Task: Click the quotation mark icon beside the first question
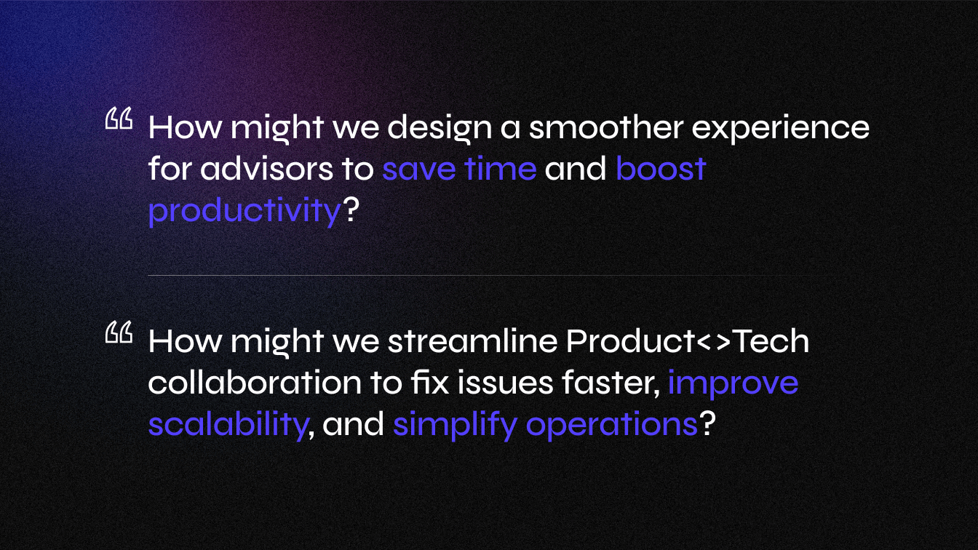(x=119, y=118)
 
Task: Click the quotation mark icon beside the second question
(x=119, y=332)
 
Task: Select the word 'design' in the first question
(x=440, y=129)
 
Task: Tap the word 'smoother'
(x=606, y=127)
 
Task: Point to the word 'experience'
(x=781, y=129)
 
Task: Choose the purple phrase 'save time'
(x=459, y=169)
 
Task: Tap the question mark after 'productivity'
(x=351, y=210)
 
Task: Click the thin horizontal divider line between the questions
(x=480, y=276)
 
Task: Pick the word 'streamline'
(x=473, y=340)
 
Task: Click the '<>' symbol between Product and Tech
(x=713, y=342)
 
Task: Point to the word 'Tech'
(x=771, y=340)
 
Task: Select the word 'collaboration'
(x=255, y=382)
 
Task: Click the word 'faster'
(x=611, y=383)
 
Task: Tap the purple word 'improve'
(x=733, y=385)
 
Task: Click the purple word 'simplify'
(x=455, y=426)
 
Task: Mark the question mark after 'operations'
(x=708, y=423)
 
